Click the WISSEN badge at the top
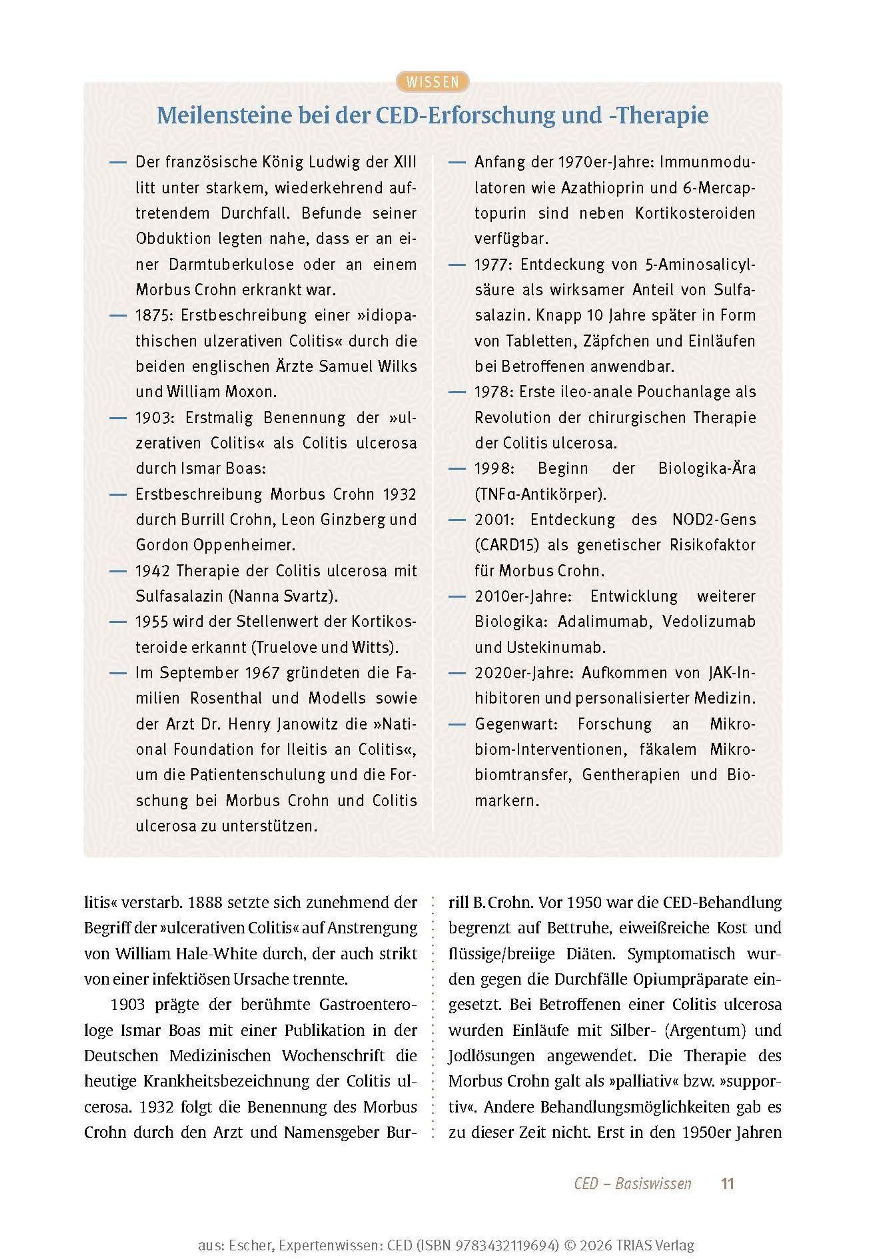[432, 82]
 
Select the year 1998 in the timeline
[494, 469]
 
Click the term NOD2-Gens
[714, 520]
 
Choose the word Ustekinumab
[550, 648]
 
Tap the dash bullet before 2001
[457, 520]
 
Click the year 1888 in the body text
[210, 903]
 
